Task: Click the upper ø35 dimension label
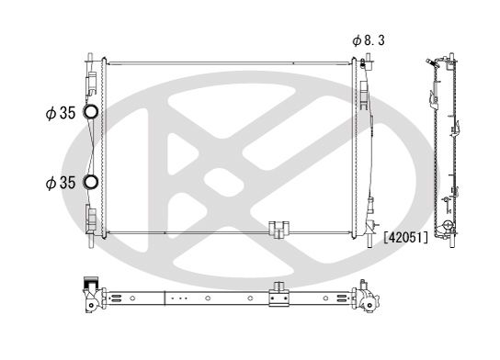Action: click(61, 115)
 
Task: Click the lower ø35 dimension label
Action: click(61, 182)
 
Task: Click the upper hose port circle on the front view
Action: click(92, 114)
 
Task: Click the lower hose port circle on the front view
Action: click(92, 181)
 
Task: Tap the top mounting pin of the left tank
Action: click(90, 59)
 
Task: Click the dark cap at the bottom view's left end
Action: click(90, 283)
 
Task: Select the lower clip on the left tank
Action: click(91, 218)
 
